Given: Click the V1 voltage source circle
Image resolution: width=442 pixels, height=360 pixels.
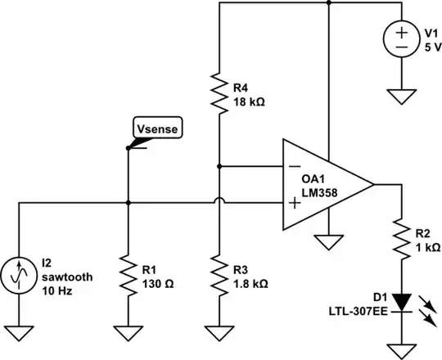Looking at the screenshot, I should (x=402, y=40).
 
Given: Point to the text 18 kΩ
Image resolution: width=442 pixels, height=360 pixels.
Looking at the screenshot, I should (x=250, y=103).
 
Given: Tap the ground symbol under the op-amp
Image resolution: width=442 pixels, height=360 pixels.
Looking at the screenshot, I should (x=327, y=243).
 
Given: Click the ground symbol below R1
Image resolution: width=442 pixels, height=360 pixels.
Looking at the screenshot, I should (x=128, y=333).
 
